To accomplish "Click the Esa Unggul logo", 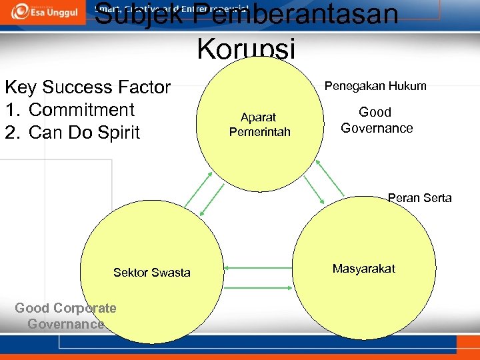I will (x=41, y=11).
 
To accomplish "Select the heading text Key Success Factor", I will (x=87, y=87).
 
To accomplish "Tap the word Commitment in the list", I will (x=82, y=110).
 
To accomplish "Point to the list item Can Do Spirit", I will (x=84, y=132).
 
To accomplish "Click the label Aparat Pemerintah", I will (x=259, y=125).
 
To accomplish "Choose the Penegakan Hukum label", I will (x=375, y=86).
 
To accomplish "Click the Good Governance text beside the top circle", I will (x=376, y=120).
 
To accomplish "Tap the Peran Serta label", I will (x=419, y=198).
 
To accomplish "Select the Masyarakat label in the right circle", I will (x=363, y=269).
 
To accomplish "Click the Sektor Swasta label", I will (x=151, y=272).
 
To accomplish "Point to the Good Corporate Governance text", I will (x=65, y=316).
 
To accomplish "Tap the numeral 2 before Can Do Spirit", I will (x=11, y=132).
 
